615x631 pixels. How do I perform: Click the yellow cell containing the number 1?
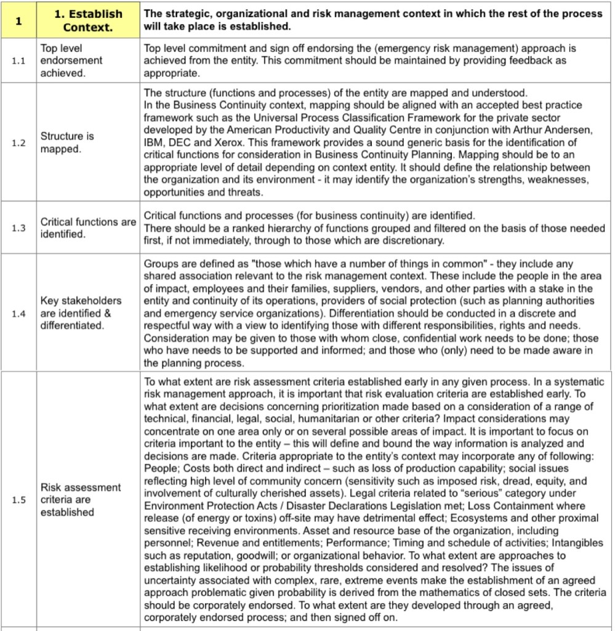[x=18, y=21]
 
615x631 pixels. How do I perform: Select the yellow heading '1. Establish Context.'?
[x=88, y=21]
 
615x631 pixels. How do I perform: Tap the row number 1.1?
[x=18, y=60]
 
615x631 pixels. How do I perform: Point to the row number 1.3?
[x=18, y=228]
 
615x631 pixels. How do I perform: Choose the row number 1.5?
[x=18, y=500]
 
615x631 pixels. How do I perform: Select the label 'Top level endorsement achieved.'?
[x=71, y=60]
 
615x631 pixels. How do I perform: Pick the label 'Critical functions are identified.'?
[x=88, y=228]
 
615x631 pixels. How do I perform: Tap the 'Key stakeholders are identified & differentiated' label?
[x=81, y=313]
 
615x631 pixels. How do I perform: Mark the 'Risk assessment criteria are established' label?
[x=81, y=500]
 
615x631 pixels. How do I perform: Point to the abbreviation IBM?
[x=155, y=142]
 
